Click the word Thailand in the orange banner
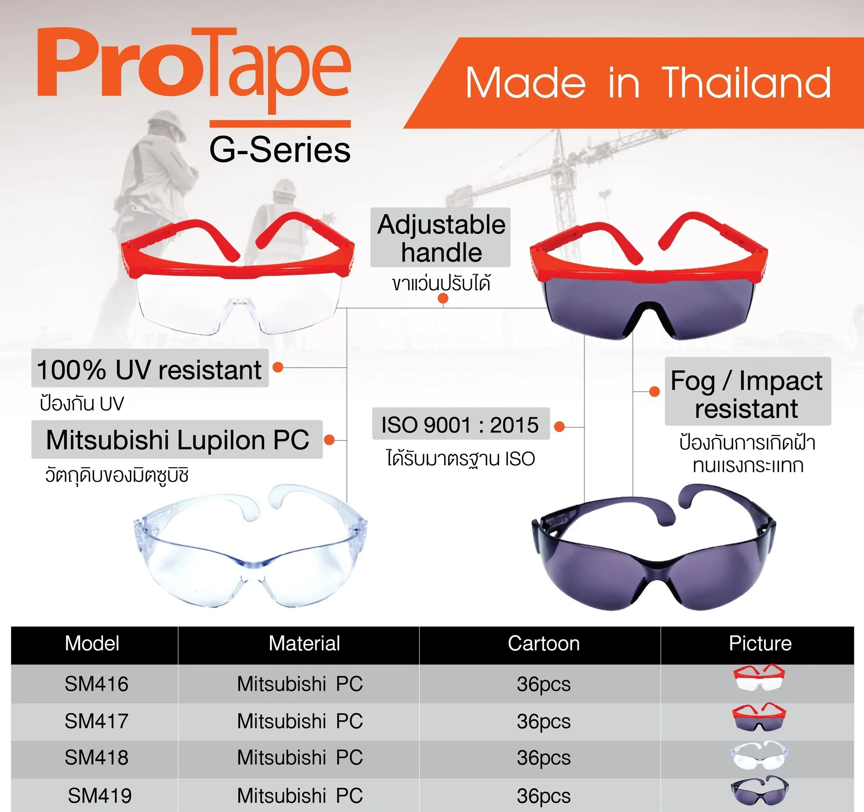click(x=746, y=83)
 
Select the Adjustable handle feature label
click(x=440, y=238)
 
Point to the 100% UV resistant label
click(x=150, y=370)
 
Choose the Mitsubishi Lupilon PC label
click(x=177, y=440)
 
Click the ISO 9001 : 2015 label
click(x=461, y=425)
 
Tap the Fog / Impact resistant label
click(x=748, y=394)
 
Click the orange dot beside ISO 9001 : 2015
click(x=560, y=427)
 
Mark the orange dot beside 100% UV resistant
click(x=278, y=367)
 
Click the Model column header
click(x=92, y=643)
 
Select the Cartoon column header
click(x=544, y=643)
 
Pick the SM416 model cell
click(x=97, y=684)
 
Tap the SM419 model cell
click(x=100, y=796)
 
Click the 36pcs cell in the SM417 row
click(x=544, y=722)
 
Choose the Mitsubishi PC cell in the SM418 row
click(x=300, y=758)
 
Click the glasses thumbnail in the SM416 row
click(x=759, y=677)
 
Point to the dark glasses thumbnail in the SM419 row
click(x=759, y=793)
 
